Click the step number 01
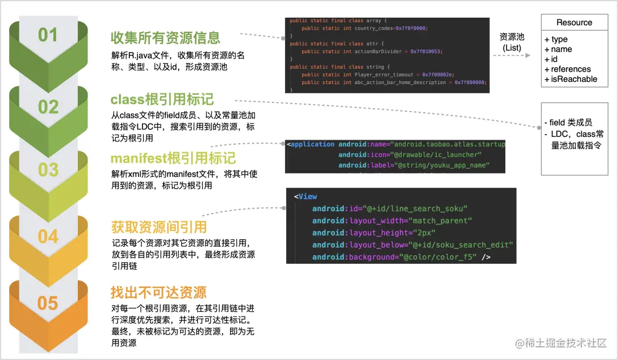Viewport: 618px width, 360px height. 48,35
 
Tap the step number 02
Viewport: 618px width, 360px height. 48,107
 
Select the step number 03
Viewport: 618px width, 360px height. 48,170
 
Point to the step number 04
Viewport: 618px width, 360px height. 48,236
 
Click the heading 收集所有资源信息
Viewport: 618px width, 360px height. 165,38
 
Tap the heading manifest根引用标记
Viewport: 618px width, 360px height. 173,158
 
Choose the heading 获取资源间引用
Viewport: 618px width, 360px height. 159,227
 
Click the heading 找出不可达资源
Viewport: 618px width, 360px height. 159,293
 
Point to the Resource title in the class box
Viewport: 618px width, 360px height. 574,23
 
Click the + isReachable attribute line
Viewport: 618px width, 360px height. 571,79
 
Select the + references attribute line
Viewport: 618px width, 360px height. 567,69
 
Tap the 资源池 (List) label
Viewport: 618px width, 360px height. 512,42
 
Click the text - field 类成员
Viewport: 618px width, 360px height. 571,122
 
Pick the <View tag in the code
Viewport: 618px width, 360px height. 306,196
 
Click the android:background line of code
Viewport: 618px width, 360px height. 401,257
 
